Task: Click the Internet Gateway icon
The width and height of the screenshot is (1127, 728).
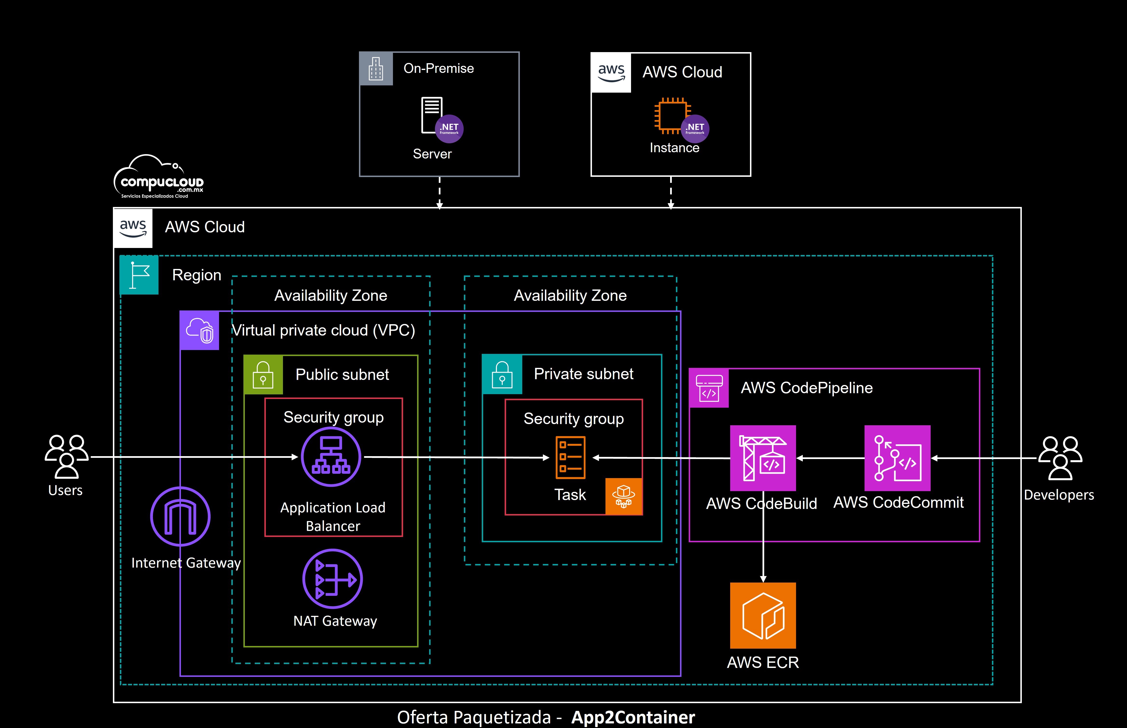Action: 180,516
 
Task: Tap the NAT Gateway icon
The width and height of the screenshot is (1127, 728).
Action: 332,579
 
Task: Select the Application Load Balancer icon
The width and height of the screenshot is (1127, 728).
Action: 331,457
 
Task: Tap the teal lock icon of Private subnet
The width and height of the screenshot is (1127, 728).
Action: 502,374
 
